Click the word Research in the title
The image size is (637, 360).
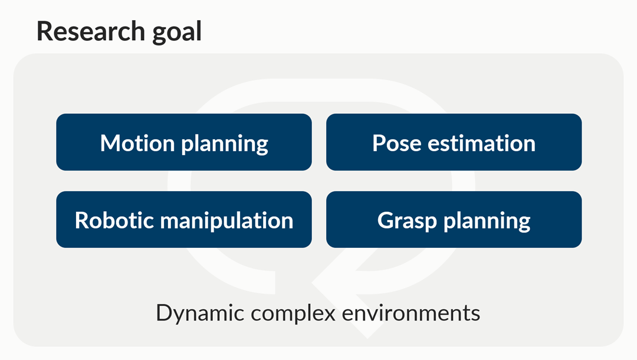coord(91,31)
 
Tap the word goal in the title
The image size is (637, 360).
coord(177,33)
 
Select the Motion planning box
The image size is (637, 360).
coord(184,142)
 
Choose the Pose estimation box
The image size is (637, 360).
coord(454,142)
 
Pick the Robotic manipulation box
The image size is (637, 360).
coord(184,220)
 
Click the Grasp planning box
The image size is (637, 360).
coord(454,220)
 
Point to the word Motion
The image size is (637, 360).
coord(137,143)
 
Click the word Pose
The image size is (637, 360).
coord(397,143)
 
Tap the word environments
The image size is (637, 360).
coord(411,313)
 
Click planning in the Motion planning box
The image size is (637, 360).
coord(225,144)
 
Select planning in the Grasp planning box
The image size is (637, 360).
coord(487,222)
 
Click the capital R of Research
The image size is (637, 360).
coord(44,31)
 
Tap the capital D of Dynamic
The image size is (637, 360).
coord(165,312)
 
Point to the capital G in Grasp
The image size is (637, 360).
coord(386,221)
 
